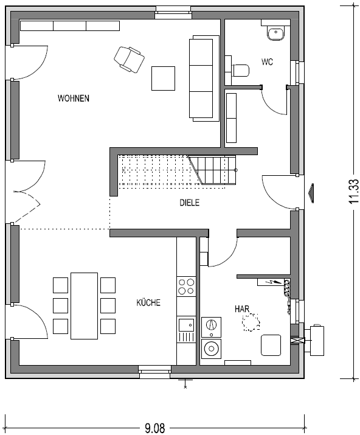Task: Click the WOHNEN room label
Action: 74,98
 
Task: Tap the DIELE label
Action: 190,203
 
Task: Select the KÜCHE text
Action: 148,302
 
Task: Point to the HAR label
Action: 242,309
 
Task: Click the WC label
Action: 267,62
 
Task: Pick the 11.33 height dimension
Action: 354,192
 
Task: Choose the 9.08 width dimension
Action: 154,428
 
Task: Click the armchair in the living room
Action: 130,60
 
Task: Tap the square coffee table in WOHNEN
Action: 163,78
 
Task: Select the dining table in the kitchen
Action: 85,306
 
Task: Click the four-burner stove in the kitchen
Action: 186,287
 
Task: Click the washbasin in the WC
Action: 275,33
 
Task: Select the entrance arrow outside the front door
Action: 312,193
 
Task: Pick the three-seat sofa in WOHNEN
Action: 204,78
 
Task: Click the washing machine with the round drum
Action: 212,349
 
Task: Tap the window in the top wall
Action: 173,13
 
